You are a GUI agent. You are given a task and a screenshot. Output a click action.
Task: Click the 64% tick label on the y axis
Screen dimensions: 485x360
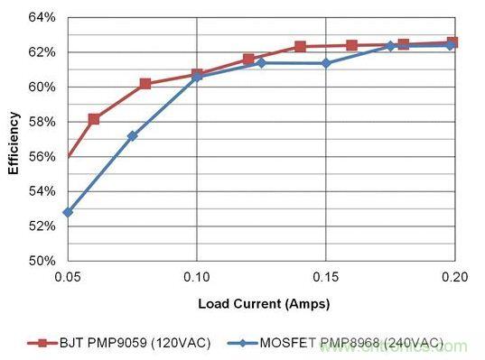coord(42,17)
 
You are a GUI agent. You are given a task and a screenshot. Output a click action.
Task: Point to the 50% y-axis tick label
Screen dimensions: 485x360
coord(42,261)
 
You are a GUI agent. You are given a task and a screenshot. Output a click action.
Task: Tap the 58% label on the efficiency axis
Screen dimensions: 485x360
coord(42,122)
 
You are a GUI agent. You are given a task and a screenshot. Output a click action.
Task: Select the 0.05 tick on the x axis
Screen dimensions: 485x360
coord(68,277)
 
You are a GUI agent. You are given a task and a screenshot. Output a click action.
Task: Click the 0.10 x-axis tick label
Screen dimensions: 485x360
coord(197,277)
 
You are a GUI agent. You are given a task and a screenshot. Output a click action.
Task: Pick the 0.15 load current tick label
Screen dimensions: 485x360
coord(326,277)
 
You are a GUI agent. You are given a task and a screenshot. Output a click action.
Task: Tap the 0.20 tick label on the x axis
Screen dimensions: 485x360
coord(454,277)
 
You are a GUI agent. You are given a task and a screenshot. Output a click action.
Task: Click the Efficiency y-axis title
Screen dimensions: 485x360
coord(14,143)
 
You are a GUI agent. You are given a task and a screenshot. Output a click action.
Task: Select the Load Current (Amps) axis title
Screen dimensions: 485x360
coord(264,304)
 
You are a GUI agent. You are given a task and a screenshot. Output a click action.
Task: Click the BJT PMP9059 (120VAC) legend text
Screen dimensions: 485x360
coord(135,343)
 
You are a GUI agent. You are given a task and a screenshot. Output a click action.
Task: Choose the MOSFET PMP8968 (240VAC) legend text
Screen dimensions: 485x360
coord(351,343)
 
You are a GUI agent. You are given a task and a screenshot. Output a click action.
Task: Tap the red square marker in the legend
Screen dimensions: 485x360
coord(42,344)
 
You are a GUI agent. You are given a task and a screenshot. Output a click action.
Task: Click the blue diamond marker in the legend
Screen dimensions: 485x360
coord(243,343)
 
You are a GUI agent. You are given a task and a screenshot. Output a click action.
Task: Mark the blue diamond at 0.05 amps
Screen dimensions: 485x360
coord(68,213)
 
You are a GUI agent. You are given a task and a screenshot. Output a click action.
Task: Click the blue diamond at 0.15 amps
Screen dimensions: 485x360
coord(326,64)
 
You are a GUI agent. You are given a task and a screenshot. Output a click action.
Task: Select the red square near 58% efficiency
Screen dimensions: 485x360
coord(94,119)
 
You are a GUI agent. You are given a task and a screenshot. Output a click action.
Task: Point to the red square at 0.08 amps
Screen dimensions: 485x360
coord(145,84)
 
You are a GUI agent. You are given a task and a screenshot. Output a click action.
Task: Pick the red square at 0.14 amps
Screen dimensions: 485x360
coord(300,47)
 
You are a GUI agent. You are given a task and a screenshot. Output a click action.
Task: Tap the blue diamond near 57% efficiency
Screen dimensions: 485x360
coord(133,136)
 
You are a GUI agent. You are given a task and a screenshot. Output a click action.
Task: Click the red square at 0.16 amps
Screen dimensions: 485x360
coord(351,46)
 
